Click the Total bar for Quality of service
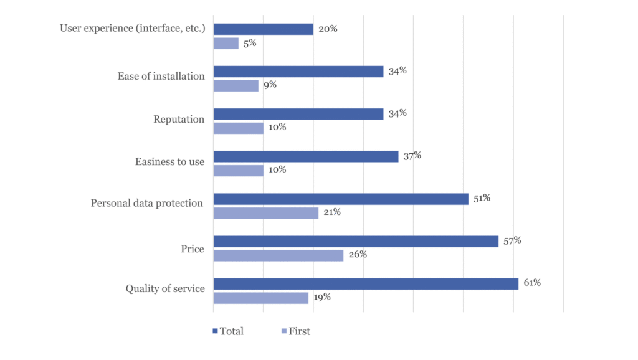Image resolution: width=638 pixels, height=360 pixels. (x=366, y=284)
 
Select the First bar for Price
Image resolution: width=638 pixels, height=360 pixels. (x=279, y=255)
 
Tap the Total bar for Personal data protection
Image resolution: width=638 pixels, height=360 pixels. (x=341, y=199)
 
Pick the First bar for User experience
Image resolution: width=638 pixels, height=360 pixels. (x=226, y=44)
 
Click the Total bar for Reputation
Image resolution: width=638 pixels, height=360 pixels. (x=298, y=114)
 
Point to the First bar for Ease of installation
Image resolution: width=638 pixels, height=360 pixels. (x=236, y=86)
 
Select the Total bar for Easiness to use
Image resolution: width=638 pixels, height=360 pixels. (x=306, y=156)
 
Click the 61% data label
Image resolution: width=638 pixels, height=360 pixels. (x=532, y=283)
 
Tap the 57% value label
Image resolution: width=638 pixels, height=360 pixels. (x=512, y=240)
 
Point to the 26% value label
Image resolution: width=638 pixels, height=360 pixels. (x=358, y=254)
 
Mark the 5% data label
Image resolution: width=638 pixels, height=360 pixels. (x=250, y=43)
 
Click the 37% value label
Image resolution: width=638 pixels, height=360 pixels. (x=412, y=156)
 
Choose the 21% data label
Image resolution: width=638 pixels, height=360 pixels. (x=332, y=212)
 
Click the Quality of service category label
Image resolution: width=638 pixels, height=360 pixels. (x=165, y=288)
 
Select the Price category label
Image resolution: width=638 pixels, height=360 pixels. (x=193, y=249)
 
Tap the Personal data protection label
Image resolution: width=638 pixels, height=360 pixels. (x=147, y=203)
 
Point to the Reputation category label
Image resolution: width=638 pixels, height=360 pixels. (x=179, y=119)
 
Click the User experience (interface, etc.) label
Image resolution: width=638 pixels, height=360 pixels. (x=132, y=28)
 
